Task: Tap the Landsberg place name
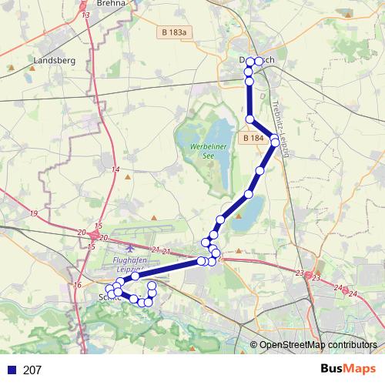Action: [53, 59]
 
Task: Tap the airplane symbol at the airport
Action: [129, 248]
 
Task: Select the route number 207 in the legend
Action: [32, 370]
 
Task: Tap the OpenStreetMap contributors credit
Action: [317, 346]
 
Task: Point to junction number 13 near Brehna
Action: [85, 15]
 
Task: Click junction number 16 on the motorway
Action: [77, 285]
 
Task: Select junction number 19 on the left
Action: [34, 213]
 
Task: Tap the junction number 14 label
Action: [115, 169]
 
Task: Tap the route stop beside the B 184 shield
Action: [274, 139]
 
